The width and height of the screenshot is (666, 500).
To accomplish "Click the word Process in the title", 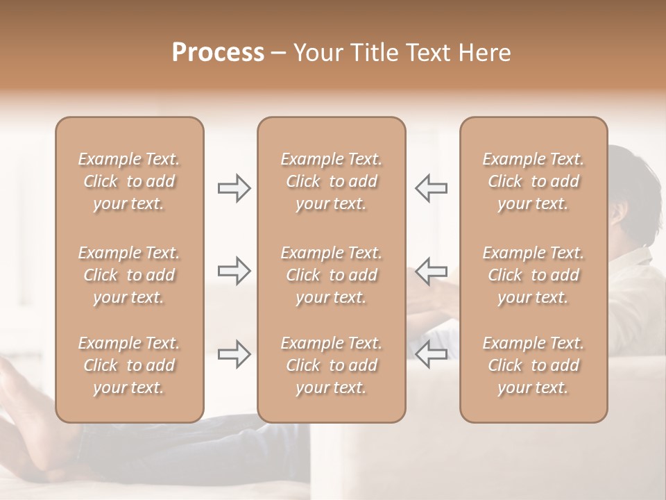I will click(x=218, y=53).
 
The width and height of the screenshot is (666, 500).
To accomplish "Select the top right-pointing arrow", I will click(x=234, y=187).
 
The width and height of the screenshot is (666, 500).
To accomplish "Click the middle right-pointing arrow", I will click(x=234, y=271).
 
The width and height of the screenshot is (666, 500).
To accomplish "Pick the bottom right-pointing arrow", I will click(x=234, y=354).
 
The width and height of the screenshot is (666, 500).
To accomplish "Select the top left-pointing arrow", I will click(x=432, y=187).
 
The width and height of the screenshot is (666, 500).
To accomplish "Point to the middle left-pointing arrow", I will click(x=432, y=271).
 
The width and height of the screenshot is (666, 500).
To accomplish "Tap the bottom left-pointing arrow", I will click(x=432, y=354).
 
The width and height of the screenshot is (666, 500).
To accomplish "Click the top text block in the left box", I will click(x=129, y=181).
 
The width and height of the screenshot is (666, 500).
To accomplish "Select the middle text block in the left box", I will click(x=129, y=275).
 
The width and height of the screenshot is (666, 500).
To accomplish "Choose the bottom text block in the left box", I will click(x=129, y=365).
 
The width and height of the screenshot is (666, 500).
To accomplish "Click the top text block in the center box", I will click(x=332, y=181).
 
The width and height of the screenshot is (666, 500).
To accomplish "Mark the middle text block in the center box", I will click(x=332, y=275).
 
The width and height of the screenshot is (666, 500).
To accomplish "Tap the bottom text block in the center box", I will click(x=332, y=365).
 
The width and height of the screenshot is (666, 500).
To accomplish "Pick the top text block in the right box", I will click(x=533, y=181).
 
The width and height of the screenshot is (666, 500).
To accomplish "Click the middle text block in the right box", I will click(x=533, y=275).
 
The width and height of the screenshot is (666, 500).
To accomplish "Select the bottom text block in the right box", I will click(x=533, y=365).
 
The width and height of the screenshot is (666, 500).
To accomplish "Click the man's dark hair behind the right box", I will click(x=631, y=174).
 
